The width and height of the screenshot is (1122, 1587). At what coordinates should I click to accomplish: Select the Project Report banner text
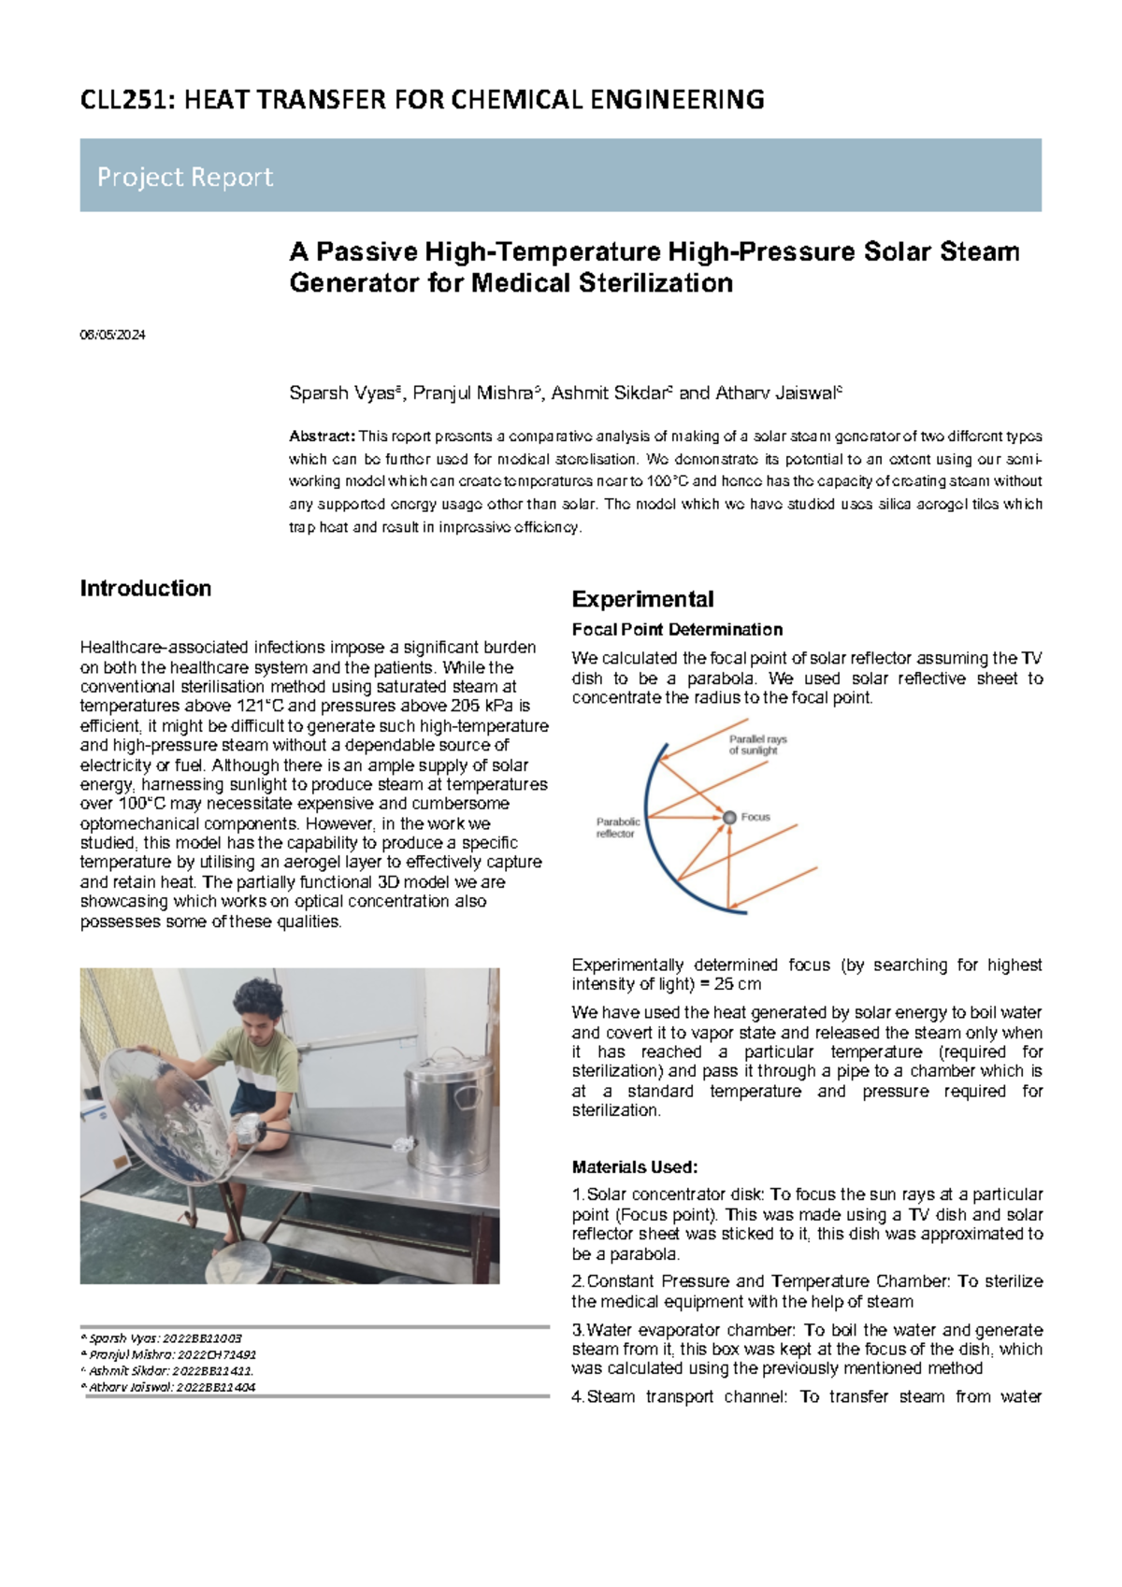tap(185, 177)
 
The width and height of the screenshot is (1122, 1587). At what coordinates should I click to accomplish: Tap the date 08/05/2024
tap(112, 335)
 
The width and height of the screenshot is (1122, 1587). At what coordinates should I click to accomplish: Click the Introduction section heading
tap(146, 589)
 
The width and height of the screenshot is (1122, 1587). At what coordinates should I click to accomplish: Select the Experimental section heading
tap(642, 599)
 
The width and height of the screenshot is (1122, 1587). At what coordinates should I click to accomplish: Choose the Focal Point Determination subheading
tap(677, 630)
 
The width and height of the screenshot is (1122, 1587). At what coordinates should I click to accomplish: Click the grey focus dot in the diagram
tap(729, 818)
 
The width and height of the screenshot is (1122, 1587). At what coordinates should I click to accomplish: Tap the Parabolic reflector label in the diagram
tap(618, 828)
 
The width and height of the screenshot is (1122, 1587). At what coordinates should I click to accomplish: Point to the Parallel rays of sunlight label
tap(757, 745)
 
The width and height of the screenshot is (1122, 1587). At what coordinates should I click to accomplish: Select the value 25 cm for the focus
tap(738, 984)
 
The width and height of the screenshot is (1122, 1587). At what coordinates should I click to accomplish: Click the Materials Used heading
tap(635, 1167)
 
